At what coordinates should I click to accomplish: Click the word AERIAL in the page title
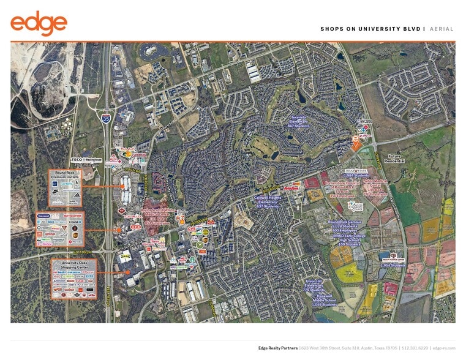[x=443, y=29]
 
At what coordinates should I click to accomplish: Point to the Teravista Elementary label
[x=299, y=123]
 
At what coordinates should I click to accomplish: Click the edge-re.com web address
[x=443, y=347]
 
